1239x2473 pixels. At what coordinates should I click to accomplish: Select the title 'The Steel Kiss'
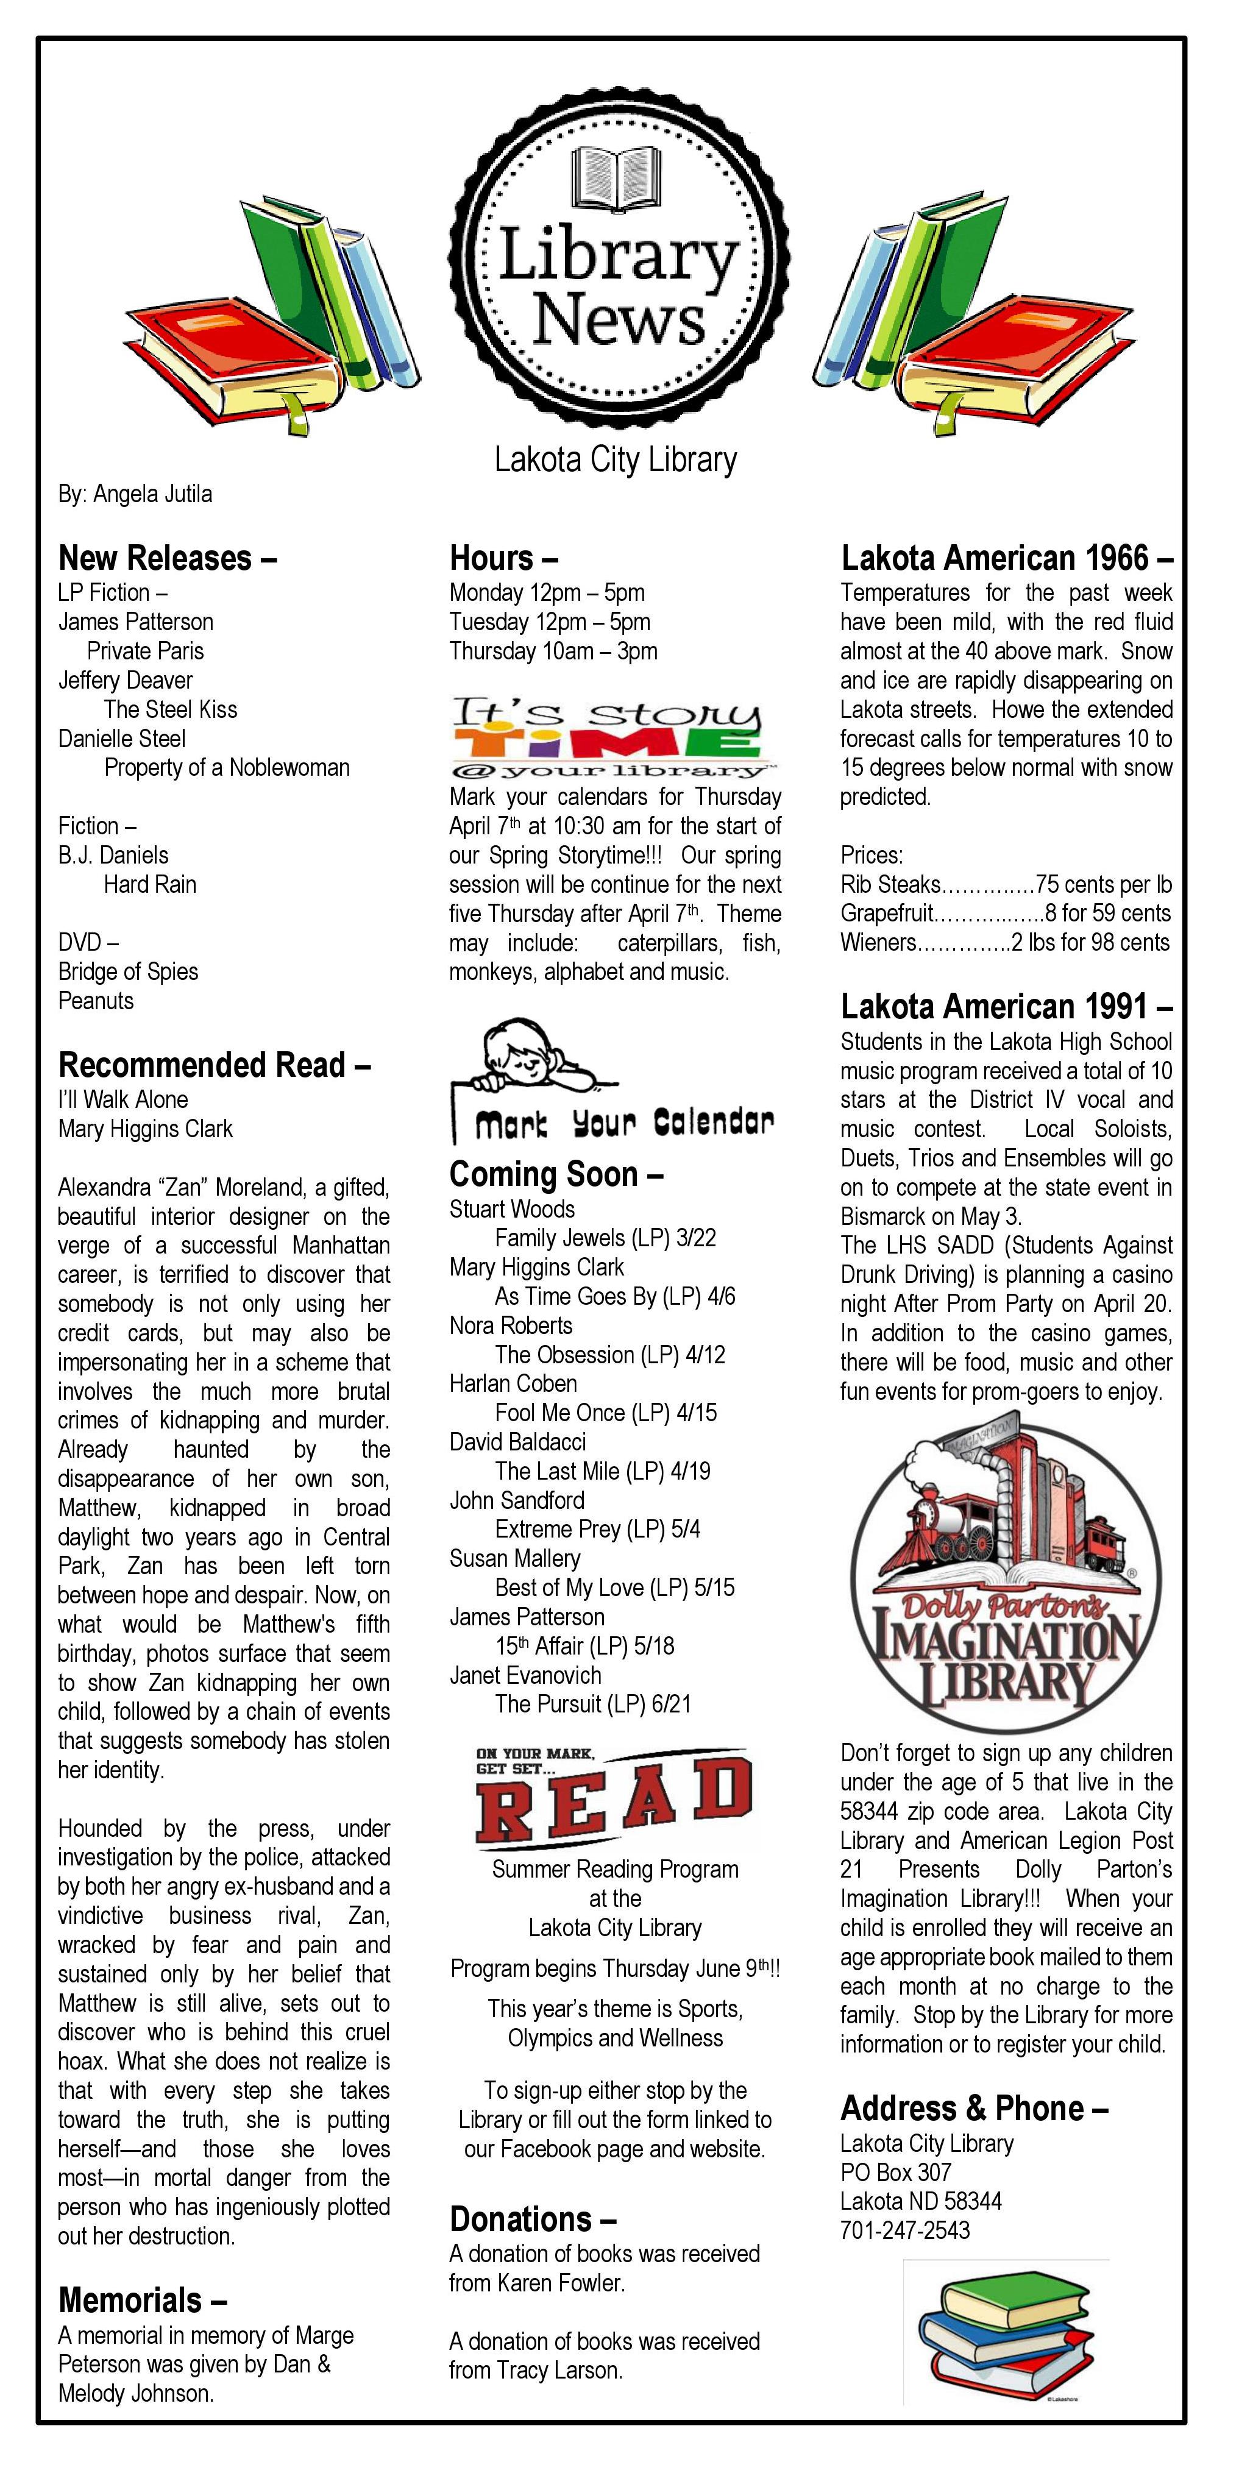170,709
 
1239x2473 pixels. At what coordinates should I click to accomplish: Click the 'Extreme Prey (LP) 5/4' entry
597,1529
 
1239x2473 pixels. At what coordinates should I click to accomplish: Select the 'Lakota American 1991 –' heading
1007,1006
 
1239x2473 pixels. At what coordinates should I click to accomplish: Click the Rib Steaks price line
1006,884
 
